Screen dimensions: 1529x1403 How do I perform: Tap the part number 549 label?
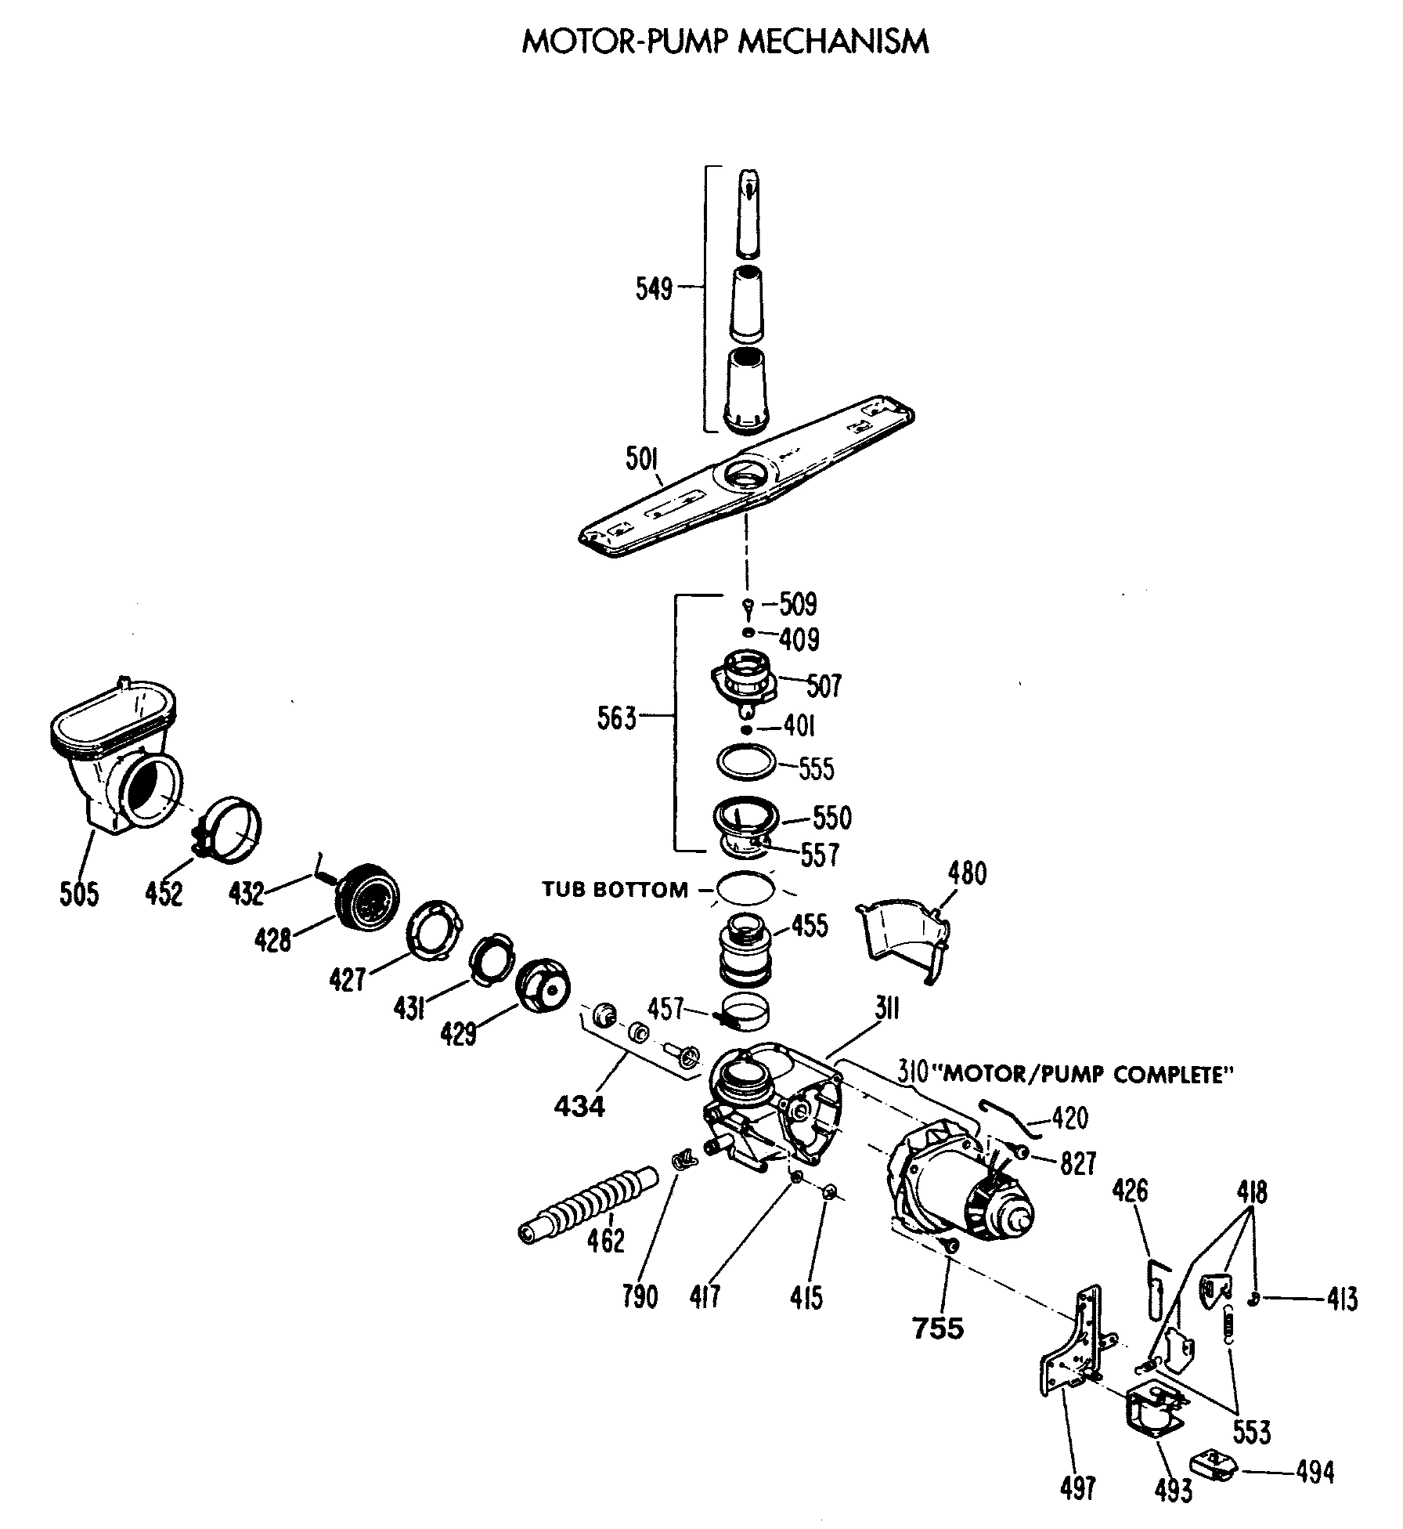click(x=654, y=290)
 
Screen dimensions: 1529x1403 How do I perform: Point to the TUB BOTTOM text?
click(x=615, y=890)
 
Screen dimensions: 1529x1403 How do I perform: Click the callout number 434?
click(x=579, y=1106)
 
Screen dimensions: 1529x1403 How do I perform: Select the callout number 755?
click(x=938, y=1328)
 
